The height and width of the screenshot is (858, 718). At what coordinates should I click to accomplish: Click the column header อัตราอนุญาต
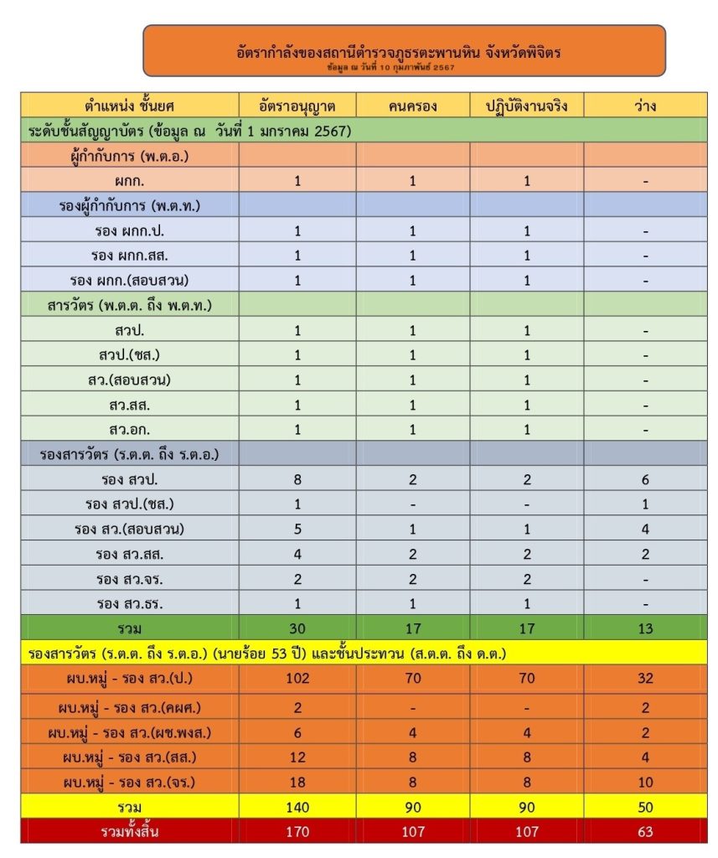297,106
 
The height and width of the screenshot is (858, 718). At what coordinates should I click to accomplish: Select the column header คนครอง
412,106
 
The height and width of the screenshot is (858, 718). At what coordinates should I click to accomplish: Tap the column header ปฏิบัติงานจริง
527,106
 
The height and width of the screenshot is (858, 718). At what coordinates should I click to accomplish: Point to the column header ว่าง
645,106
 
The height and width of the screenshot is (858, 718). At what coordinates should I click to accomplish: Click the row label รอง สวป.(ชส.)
130,504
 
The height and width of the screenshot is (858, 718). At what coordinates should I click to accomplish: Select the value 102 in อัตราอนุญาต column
297,678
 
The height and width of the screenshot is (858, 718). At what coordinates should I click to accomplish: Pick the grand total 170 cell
297,832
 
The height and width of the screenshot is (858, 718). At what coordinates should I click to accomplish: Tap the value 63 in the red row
645,832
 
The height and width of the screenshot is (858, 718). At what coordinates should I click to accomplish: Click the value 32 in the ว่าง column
645,678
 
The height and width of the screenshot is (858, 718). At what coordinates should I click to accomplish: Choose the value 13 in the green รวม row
645,628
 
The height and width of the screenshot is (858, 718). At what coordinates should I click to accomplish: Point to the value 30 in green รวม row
297,628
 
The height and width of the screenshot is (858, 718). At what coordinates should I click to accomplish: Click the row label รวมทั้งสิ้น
130,832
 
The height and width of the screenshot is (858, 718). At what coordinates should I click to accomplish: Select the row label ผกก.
130,181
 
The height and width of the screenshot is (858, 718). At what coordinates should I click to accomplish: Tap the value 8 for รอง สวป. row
297,479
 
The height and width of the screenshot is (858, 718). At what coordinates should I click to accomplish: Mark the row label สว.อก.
130,430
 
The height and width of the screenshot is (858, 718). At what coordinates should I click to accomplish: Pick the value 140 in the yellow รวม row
297,807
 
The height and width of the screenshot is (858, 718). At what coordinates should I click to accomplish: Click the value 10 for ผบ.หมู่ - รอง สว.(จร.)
645,782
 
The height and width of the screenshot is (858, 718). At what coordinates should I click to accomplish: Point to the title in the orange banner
404,52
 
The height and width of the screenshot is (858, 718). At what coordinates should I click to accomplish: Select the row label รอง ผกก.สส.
130,256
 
